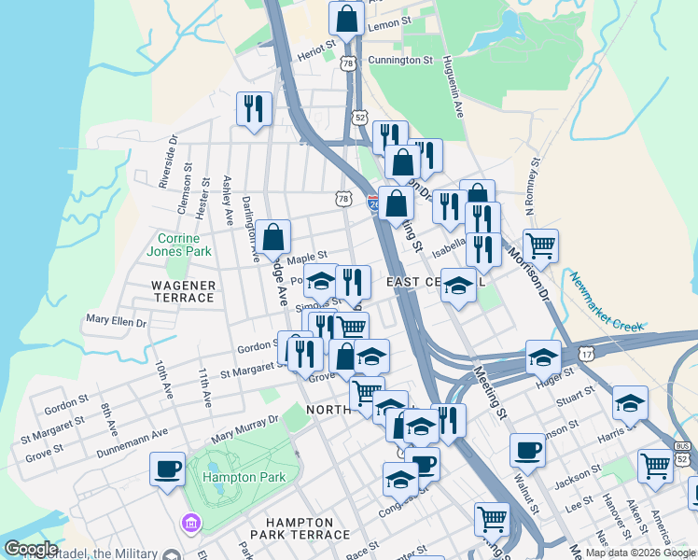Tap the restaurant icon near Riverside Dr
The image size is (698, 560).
click(254, 109)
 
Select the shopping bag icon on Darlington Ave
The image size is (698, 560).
click(274, 238)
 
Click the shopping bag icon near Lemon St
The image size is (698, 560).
click(346, 18)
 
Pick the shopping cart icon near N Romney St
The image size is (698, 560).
click(540, 246)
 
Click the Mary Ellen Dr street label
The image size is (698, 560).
click(117, 321)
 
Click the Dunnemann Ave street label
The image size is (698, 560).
click(133, 444)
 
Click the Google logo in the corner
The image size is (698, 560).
click(30, 549)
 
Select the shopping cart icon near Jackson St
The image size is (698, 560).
click(656, 466)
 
